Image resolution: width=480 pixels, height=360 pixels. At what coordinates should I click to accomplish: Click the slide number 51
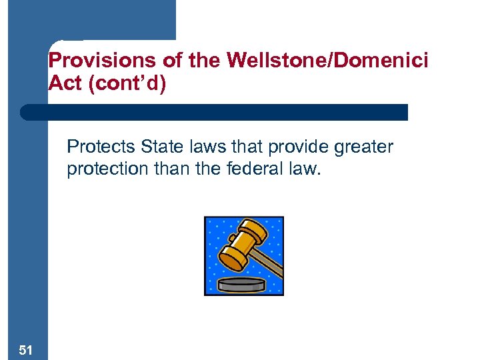[x=25, y=349]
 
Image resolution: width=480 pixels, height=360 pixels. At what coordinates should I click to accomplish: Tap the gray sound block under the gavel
[x=243, y=284]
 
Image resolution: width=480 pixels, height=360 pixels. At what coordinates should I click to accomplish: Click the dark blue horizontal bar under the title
[x=213, y=112]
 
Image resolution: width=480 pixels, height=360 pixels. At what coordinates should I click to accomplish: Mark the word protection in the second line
[x=104, y=169]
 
